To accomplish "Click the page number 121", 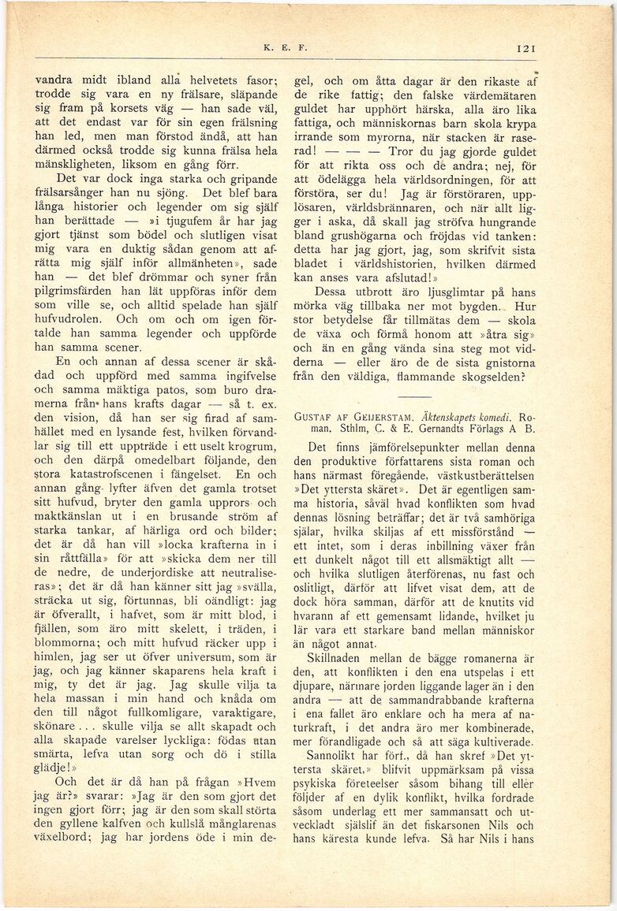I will (x=526, y=48).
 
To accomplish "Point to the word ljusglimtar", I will (x=453, y=289).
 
